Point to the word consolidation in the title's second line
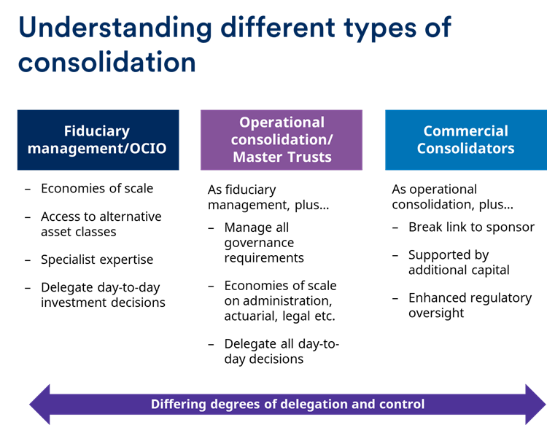(107, 62)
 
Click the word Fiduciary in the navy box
(97, 131)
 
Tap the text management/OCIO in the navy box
(98, 149)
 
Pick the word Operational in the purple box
(282, 122)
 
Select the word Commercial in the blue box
(465, 131)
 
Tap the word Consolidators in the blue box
(465, 149)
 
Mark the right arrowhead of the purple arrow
(534, 404)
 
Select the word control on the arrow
(402, 404)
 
